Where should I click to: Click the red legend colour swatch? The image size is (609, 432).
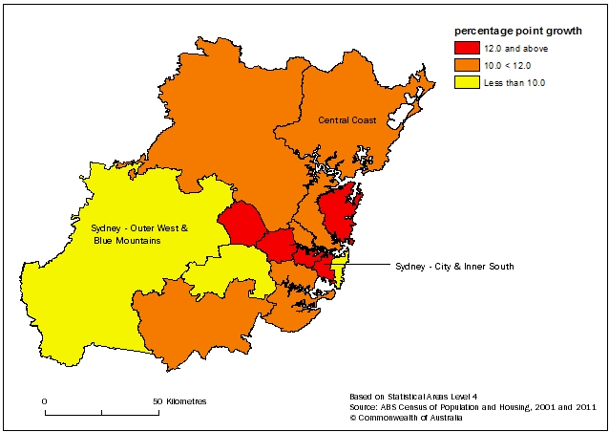click(x=468, y=48)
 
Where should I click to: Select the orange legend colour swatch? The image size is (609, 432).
click(x=468, y=65)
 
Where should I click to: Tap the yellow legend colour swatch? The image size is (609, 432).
click(x=468, y=82)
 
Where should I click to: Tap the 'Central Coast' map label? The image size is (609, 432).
click(x=346, y=120)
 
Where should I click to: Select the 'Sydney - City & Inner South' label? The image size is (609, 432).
click(x=453, y=267)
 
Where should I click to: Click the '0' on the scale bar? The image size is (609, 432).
click(x=44, y=400)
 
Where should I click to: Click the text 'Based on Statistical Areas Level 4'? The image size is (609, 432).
click(x=414, y=395)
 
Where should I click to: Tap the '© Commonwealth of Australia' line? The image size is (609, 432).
click(x=406, y=418)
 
